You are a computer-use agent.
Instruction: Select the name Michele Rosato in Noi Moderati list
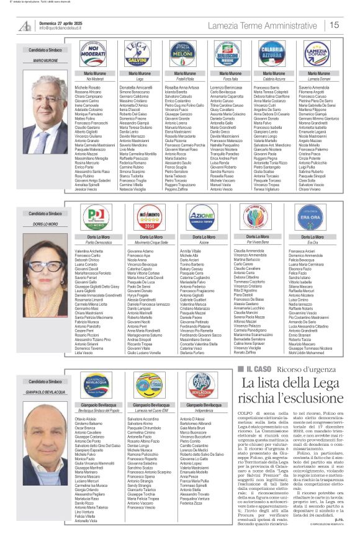pyautogui.click(x=87, y=89)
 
